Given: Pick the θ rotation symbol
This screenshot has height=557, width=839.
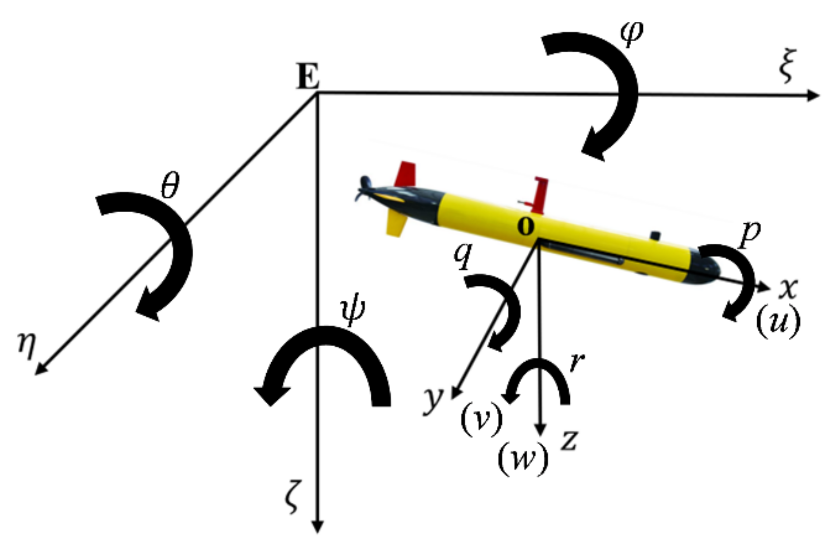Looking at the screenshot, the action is click(x=170, y=185).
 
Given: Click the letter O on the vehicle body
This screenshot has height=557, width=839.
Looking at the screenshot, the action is click(x=526, y=226).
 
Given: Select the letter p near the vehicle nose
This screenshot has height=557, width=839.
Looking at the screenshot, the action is click(x=750, y=233).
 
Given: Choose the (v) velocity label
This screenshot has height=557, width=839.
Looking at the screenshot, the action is click(x=481, y=419).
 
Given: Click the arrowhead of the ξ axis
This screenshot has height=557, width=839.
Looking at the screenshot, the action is click(x=814, y=95).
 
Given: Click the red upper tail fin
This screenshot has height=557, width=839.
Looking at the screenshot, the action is click(x=405, y=175).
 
